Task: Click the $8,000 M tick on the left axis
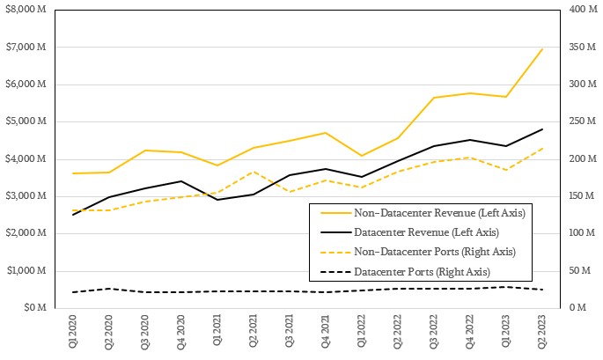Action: point(26,10)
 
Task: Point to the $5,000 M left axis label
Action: point(26,121)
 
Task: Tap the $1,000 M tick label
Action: point(26,270)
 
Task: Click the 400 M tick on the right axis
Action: point(578,10)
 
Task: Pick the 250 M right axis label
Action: point(578,121)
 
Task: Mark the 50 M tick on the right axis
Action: point(576,270)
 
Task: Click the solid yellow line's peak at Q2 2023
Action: point(542,48)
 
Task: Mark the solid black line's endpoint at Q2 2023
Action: point(542,129)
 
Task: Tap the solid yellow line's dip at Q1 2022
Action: point(361,156)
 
